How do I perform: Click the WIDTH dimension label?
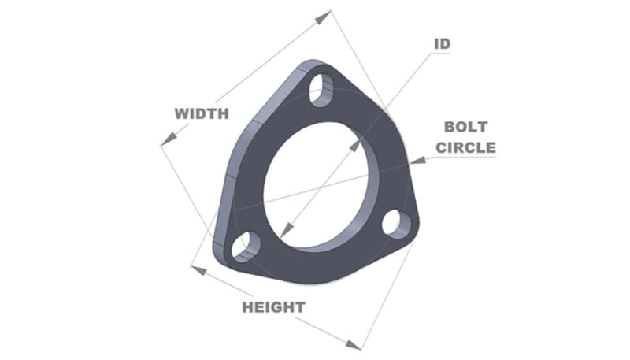(x=202, y=113)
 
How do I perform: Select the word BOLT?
(x=466, y=127)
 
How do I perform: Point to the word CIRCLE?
(x=467, y=147)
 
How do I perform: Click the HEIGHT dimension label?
(x=273, y=306)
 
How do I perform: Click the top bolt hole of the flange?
(x=321, y=91)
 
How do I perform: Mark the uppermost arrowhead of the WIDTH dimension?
(x=326, y=13)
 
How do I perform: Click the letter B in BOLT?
(x=450, y=127)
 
